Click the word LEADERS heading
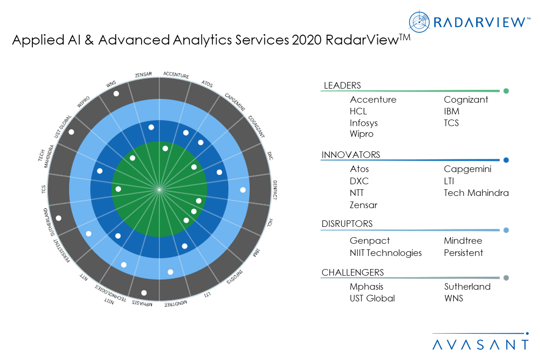coord(342,85)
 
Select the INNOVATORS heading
coord(351,155)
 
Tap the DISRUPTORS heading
coord(347,224)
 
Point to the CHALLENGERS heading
coord(352,272)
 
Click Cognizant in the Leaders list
coord(466,99)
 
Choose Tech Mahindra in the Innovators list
coord(476,193)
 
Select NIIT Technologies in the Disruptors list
coord(385,253)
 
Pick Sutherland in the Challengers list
coord(467,286)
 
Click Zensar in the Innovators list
coord(363,205)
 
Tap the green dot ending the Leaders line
coord(506,91)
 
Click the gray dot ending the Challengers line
coord(506,278)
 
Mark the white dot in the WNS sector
coord(116,94)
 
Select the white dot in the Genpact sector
coord(243,190)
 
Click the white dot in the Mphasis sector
coord(144,293)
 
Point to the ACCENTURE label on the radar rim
coord(175,75)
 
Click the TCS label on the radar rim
coord(44,189)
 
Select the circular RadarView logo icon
coord(418,21)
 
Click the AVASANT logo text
coord(480,345)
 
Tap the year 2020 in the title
coord(307,41)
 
